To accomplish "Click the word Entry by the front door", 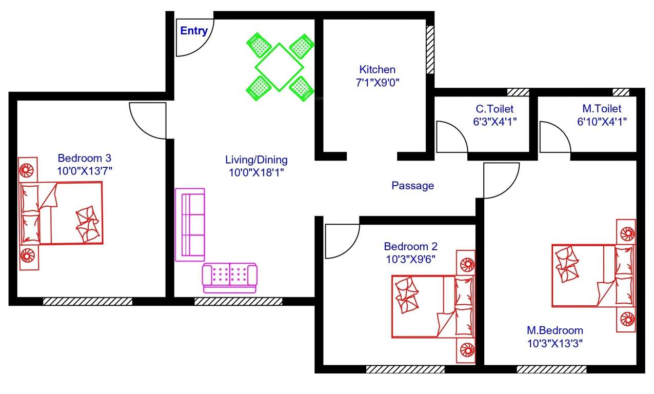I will [194, 31].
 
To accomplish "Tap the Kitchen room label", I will [377, 69].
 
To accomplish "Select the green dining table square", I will [279, 67].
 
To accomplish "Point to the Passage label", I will [412, 186].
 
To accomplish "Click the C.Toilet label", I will [494, 109].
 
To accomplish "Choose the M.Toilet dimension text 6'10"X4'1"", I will [602, 122].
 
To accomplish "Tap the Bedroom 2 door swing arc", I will [342, 241].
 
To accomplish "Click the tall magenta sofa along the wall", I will [190, 224].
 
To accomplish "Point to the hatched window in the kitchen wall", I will [430, 50].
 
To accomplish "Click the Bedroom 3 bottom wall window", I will [88, 301].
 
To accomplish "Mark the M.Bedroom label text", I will [555, 330].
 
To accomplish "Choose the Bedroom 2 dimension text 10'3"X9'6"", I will [411, 259].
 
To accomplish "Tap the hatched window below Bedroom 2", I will [405, 369].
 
